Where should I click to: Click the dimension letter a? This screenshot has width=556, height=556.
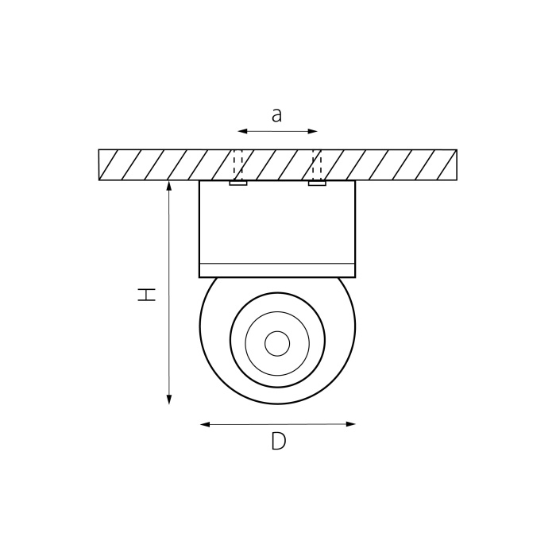276,115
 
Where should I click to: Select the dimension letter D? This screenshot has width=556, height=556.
278,442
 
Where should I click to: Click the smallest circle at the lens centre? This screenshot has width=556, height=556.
277,343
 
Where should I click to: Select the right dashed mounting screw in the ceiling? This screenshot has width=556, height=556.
317,165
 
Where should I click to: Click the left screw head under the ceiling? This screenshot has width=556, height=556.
238,183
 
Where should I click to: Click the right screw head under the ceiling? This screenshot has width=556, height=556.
317,183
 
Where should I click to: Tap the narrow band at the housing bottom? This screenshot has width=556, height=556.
277,270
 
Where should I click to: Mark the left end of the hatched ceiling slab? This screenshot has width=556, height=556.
100,165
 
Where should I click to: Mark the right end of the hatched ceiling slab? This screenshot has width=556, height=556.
456,165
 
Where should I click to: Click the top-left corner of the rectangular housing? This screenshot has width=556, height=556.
199,181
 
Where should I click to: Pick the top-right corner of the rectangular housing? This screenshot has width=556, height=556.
355,181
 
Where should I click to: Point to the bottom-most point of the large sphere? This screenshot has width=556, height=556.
277,403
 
